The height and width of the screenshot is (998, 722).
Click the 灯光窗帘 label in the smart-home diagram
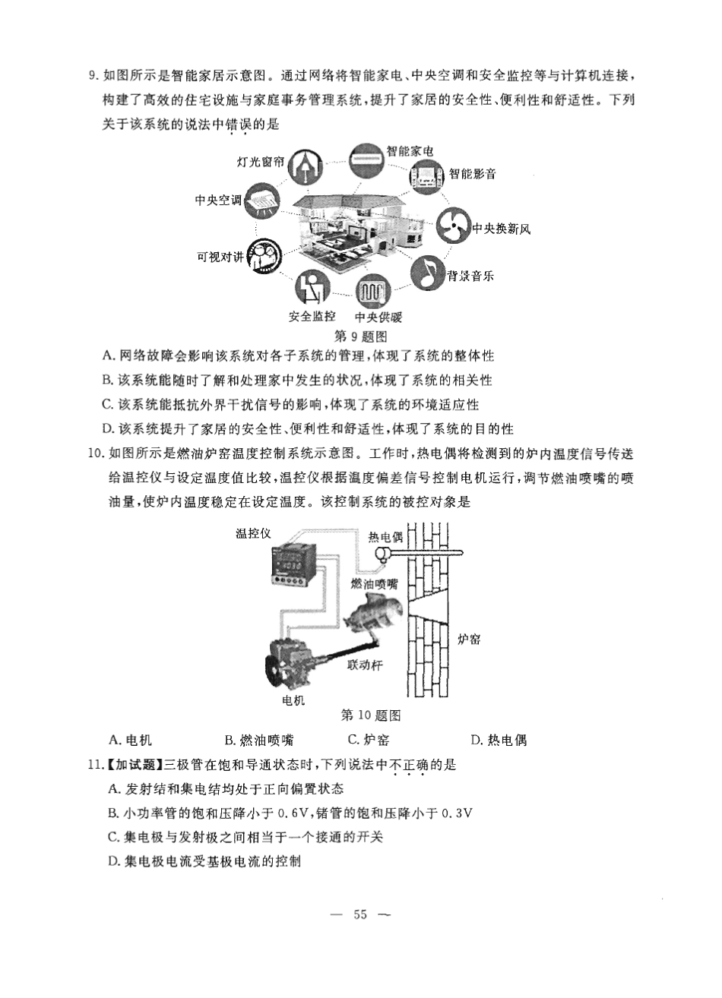click(x=261, y=162)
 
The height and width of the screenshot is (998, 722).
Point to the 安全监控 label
click(x=312, y=317)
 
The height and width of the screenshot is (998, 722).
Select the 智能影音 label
click(x=472, y=174)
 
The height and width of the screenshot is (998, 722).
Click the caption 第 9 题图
click(x=362, y=335)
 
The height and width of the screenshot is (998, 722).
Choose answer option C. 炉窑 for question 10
click(x=368, y=740)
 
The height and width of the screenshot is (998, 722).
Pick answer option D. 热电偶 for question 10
click(x=499, y=740)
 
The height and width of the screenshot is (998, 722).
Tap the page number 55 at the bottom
click(x=360, y=914)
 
